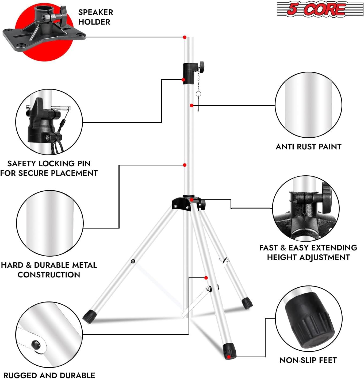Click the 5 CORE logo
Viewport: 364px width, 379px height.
[x=320, y=9]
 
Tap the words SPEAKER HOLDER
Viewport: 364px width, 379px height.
[x=95, y=17]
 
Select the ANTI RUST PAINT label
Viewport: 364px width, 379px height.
[x=308, y=146]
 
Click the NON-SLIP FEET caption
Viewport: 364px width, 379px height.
[x=308, y=360]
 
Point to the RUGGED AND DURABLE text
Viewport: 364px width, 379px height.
[x=49, y=375]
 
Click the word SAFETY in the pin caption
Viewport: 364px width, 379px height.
[x=22, y=163]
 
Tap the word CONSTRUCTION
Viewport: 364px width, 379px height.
[x=49, y=274]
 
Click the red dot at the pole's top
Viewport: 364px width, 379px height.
[x=185, y=37]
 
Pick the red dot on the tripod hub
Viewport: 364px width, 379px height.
[x=191, y=199]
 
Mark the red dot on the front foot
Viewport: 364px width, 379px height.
[x=229, y=357]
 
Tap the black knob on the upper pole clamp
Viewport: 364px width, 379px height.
[x=201, y=65]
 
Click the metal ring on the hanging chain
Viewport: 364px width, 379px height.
[x=198, y=94]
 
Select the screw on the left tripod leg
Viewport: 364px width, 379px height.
[x=133, y=261]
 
